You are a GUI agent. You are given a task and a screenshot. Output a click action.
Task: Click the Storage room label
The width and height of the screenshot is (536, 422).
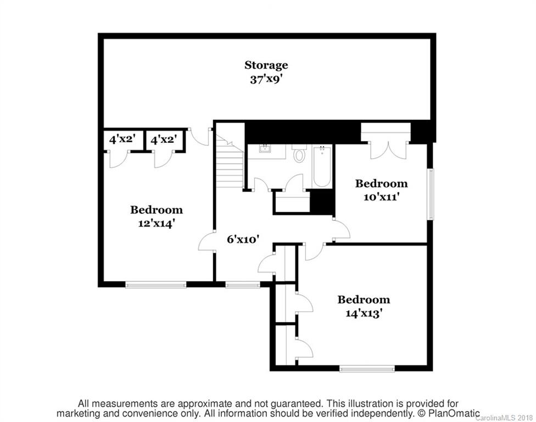coord(266,65)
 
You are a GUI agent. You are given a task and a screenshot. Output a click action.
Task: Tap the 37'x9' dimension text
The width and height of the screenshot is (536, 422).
coord(266,79)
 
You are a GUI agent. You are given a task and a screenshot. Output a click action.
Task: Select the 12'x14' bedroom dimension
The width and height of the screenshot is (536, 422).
coord(156,223)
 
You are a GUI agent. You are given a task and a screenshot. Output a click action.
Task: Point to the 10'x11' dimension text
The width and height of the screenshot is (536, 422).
coord(381,196)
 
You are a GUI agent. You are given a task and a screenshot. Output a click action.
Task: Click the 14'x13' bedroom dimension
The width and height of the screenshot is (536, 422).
coord(364,314)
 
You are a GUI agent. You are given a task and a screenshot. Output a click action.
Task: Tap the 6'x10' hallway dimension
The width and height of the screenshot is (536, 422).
coord(243,239)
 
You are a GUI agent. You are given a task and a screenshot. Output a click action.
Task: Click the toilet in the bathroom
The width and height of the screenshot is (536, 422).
coord(299,154)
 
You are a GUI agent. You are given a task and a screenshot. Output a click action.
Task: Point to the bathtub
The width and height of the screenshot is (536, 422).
coord(322,165)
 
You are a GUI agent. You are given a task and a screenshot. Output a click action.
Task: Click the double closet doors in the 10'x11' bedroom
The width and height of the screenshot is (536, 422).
coord(388,149)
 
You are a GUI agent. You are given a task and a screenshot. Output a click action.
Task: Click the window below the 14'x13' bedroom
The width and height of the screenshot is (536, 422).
coord(367,369)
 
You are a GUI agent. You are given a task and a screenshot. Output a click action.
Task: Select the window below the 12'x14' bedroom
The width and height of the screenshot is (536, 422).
coord(156,285)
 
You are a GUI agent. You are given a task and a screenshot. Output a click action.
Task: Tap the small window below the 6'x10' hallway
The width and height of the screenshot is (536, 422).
coord(243,285)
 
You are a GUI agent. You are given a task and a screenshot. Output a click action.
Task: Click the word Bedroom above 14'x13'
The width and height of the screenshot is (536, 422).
coord(364,300)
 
